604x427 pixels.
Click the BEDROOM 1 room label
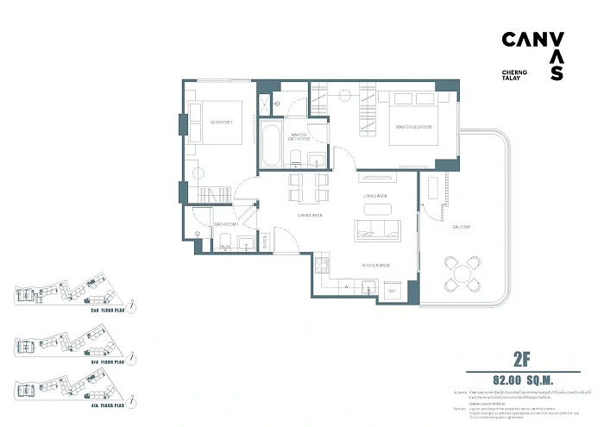(223, 122)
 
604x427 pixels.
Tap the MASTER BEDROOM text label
(413, 128)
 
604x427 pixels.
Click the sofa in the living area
(376, 229)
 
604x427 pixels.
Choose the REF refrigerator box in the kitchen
(392, 291)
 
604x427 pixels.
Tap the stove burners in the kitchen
(323, 263)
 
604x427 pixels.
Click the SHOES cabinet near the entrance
(265, 242)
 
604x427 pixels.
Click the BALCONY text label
(460, 227)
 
